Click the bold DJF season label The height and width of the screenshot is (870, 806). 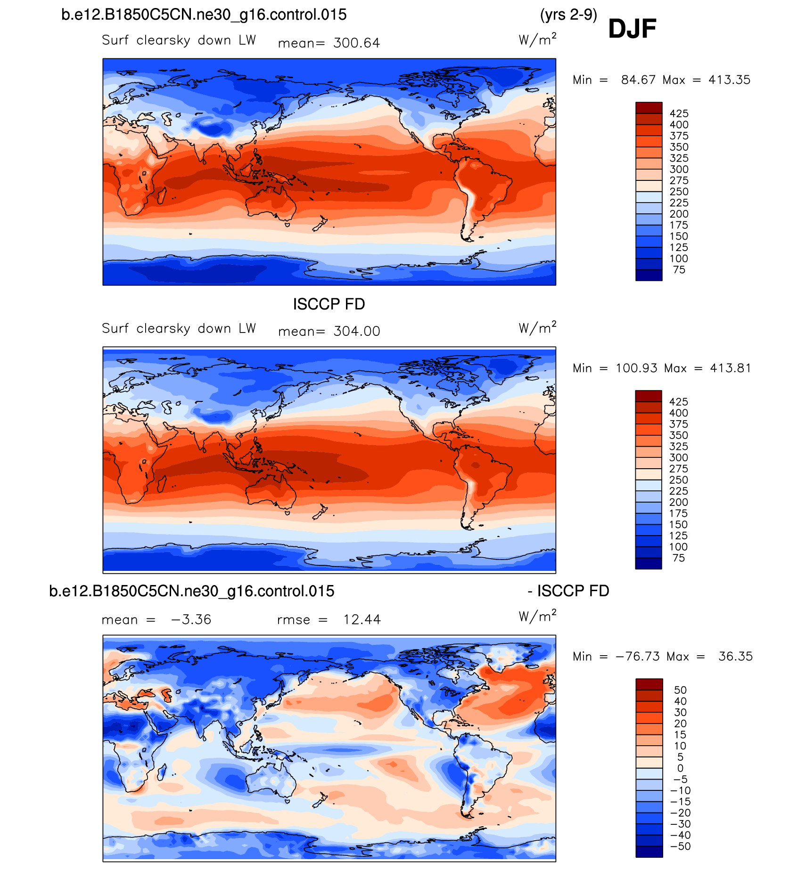pos(632,29)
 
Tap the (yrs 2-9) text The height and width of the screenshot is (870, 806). pos(568,15)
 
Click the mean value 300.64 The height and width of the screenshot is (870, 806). pos(356,43)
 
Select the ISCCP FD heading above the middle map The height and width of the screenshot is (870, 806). pos(329,304)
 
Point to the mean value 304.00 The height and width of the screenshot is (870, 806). pos(357,331)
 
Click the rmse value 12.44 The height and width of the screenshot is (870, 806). pos(362,619)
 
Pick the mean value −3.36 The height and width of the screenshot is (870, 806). pos(191,619)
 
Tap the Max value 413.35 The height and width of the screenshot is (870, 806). pos(729,80)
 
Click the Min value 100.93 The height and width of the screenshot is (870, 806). pos(636,368)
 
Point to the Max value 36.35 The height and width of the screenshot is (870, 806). pos(735,656)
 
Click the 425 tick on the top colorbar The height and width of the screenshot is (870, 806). pos(679,114)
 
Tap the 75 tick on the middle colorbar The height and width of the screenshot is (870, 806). pos(679,558)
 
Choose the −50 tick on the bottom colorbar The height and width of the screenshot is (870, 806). pos(680,846)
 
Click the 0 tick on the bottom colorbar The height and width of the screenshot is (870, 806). pos(680,768)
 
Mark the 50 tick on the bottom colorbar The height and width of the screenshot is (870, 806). pos(680,690)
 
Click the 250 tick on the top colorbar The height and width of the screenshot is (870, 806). pos(679,192)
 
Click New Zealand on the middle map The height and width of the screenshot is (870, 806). pos(320,512)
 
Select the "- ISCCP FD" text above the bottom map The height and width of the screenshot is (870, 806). pos(568,591)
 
